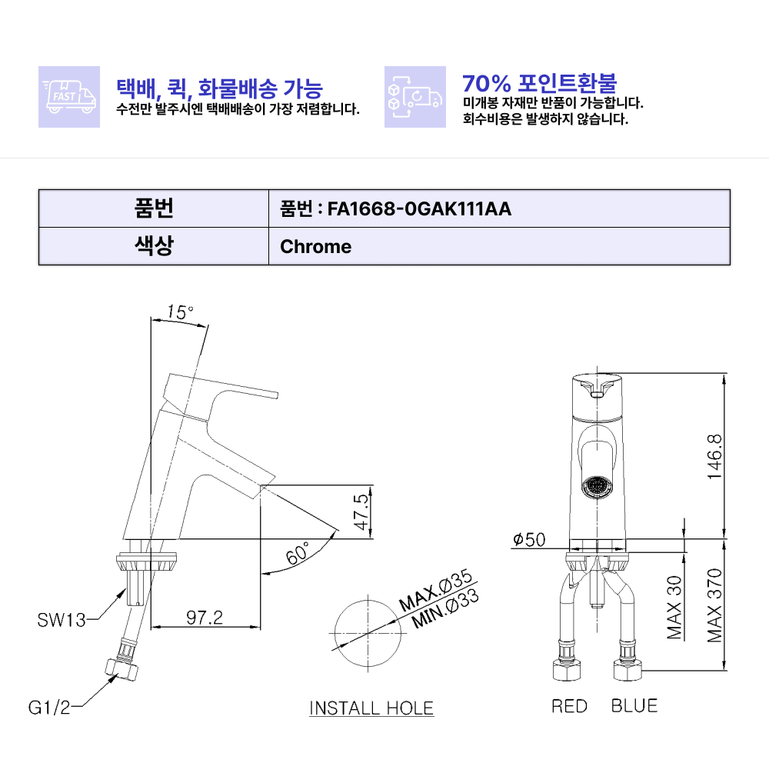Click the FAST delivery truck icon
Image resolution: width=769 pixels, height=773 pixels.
point(69,97)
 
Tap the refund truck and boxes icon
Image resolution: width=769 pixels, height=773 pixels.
point(415,97)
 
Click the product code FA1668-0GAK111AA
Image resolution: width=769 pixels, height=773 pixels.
point(419,208)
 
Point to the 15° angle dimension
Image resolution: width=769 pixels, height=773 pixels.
point(180,312)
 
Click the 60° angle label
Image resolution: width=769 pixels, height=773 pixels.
point(298,553)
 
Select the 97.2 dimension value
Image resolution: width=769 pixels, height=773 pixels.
point(205,617)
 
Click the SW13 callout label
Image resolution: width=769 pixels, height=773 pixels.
point(62,620)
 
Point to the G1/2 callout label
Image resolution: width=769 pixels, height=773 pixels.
point(49,708)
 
